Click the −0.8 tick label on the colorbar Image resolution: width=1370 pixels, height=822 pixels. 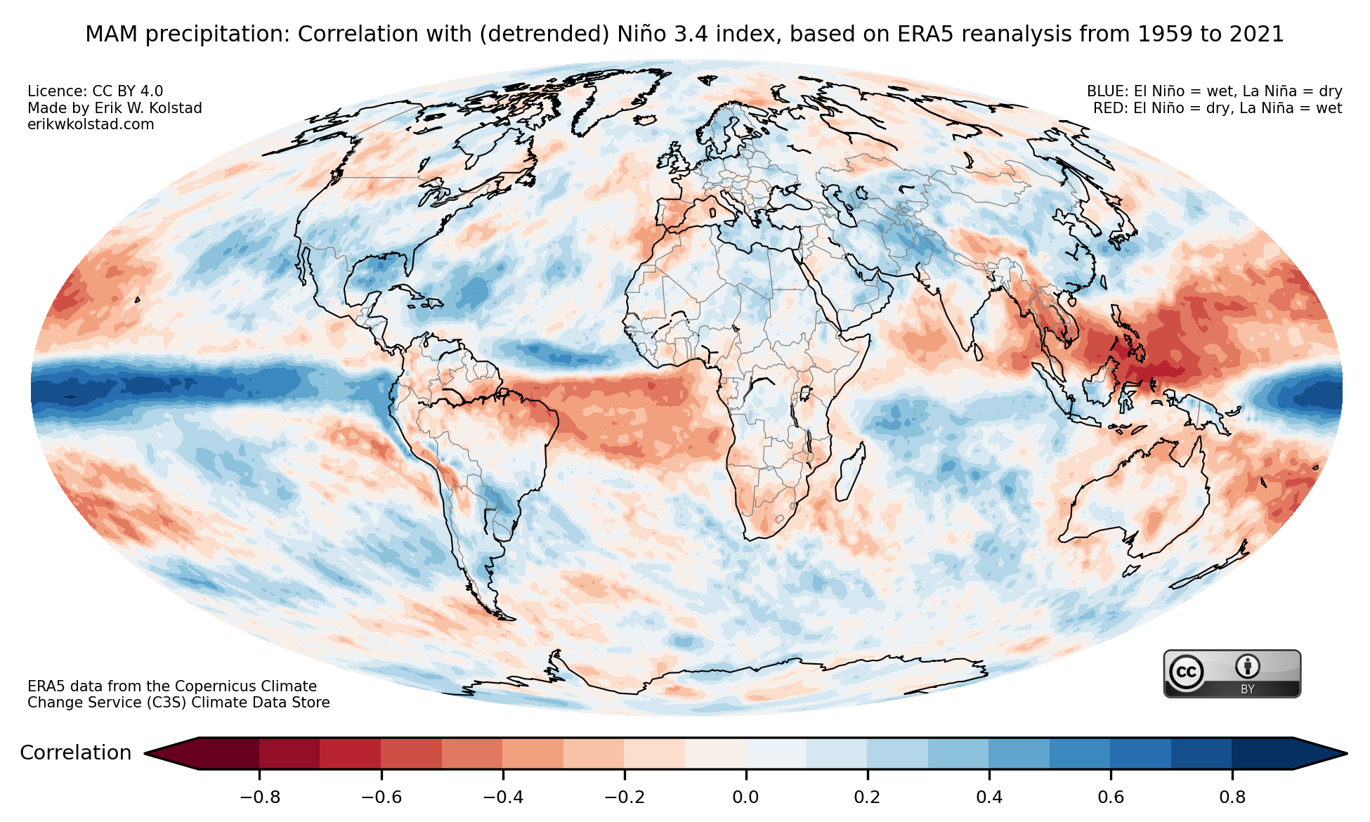pos(259,797)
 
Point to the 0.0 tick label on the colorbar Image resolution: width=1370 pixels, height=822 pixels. pos(745,797)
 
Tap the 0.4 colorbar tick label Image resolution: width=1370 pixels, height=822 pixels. pos(989,797)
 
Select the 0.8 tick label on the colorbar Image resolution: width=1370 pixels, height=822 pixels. pos(1232,797)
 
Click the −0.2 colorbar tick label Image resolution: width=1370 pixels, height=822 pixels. pos(624,797)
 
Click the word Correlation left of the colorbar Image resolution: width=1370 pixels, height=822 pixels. pos(75,753)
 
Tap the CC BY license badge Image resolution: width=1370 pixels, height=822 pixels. pos(1232,674)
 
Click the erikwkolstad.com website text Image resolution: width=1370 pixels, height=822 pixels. pos(91,124)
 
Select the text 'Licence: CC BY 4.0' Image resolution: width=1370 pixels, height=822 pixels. pos(95,91)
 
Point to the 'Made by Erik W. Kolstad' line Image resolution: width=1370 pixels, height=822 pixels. pos(115,108)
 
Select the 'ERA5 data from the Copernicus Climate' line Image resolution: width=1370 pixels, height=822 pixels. pos(172,686)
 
